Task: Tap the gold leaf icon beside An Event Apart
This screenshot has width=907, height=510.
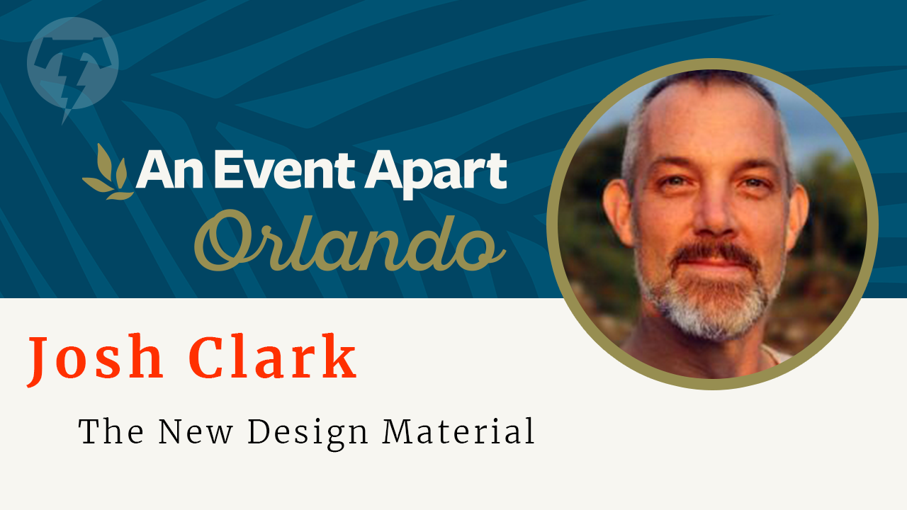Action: click(107, 172)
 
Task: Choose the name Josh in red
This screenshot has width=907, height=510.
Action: click(95, 359)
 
